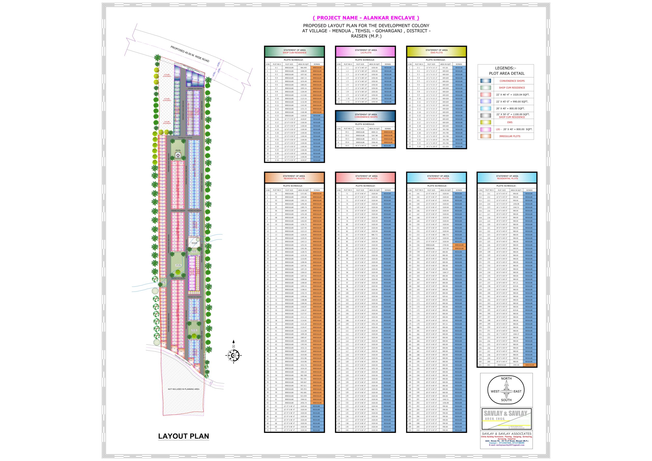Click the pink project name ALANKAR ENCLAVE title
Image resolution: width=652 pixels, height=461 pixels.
[366, 18]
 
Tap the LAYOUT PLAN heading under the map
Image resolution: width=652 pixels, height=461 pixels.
[183, 436]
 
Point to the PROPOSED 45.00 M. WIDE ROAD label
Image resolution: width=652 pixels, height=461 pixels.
[190, 54]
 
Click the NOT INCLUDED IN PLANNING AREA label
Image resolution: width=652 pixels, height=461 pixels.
[183, 389]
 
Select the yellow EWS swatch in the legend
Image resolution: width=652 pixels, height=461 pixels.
[486, 122]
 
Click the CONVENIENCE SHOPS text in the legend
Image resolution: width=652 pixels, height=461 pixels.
[512, 81]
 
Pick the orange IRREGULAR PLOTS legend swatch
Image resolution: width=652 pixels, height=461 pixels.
[486, 136]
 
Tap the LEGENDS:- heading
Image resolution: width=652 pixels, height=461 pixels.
[506, 68]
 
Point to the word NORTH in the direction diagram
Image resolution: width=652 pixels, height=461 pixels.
[506, 378]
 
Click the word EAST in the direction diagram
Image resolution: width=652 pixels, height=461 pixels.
[517, 392]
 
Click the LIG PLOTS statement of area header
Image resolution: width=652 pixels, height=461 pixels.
[366, 51]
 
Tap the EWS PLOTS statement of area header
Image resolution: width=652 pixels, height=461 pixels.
[437, 51]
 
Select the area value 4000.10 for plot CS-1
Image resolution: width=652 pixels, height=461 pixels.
[375, 132]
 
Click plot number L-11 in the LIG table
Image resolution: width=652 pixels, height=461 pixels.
[347, 102]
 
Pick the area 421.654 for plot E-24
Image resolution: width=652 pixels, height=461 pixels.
[445, 146]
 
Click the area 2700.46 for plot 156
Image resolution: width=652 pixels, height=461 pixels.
[445, 245]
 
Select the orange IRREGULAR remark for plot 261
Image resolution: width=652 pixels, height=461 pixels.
[529, 365]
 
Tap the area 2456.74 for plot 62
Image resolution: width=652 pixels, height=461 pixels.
[304, 403]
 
